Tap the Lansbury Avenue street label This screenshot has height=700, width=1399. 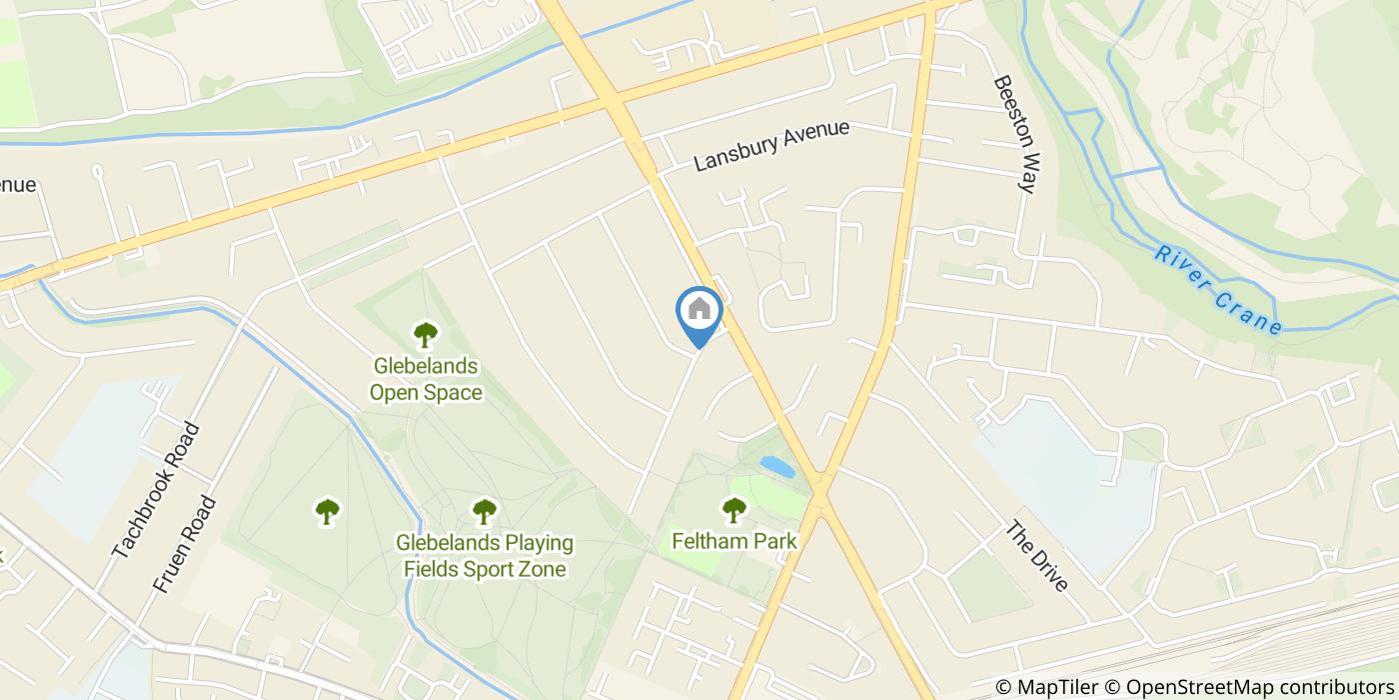771,146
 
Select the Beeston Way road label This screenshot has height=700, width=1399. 1011,133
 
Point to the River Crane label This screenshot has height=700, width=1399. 1217,290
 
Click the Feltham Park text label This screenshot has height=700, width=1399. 734,541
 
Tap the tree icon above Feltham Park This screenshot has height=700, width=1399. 734,510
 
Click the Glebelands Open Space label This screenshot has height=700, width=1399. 426,379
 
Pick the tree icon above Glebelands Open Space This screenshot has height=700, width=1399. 426,333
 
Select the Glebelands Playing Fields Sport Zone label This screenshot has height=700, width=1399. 485,556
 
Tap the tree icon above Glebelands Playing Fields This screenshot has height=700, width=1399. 485,512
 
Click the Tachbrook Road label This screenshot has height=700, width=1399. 156,491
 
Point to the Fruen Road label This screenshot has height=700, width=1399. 185,545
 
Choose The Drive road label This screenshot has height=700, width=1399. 1037,556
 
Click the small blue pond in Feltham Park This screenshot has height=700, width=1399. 777,467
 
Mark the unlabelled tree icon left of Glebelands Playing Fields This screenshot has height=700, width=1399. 327,512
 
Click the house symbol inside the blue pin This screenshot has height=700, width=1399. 699,309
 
